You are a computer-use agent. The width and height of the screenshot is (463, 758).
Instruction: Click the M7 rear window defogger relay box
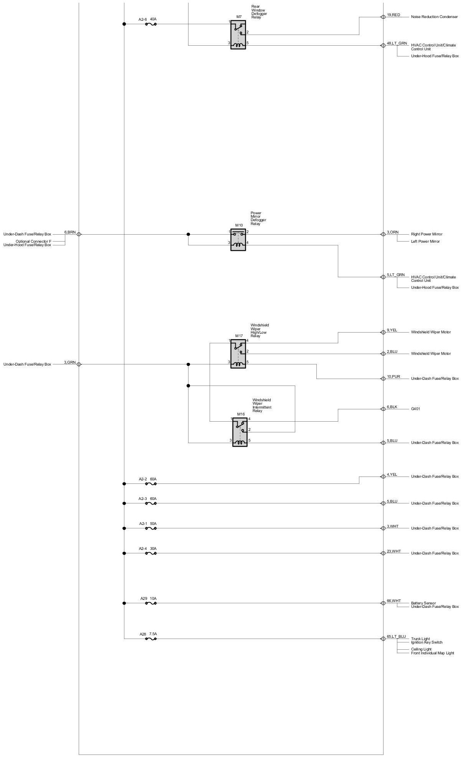[238, 35]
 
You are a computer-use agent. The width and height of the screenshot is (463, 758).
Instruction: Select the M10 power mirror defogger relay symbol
[238, 240]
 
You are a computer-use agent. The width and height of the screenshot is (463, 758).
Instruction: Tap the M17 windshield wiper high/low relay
[238, 354]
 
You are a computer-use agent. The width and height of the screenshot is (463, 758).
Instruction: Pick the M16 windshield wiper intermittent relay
[240, 432]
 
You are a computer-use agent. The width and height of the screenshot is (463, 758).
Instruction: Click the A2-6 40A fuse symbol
[151, 24]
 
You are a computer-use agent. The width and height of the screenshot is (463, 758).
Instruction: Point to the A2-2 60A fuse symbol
[151, 484]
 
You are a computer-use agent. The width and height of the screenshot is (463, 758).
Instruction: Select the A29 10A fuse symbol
[151, 603]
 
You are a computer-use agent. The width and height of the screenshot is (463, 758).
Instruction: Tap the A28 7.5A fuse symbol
[151, 639]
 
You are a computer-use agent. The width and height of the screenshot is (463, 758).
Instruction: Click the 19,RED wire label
[394, 15]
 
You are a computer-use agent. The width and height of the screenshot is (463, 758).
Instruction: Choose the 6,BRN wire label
[70, 232]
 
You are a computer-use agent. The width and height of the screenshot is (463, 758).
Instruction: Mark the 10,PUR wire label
[394, 377]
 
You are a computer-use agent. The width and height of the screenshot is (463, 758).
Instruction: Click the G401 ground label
[415, 409]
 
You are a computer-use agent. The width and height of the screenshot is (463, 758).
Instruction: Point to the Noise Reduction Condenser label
[434, 17]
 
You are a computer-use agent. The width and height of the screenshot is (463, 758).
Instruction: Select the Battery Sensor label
[423, 603]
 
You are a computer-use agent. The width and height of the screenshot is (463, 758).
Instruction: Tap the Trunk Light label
[420, 639]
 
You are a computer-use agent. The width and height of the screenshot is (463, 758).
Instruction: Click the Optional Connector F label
[33, 242]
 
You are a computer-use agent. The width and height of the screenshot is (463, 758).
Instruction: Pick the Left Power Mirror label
[425, 242]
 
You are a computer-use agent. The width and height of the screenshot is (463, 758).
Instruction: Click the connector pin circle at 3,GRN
[79, 364]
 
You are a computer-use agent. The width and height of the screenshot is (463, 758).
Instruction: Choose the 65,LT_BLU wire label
[396, 637]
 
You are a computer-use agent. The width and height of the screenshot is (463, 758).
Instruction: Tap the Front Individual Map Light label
[432, 653]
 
